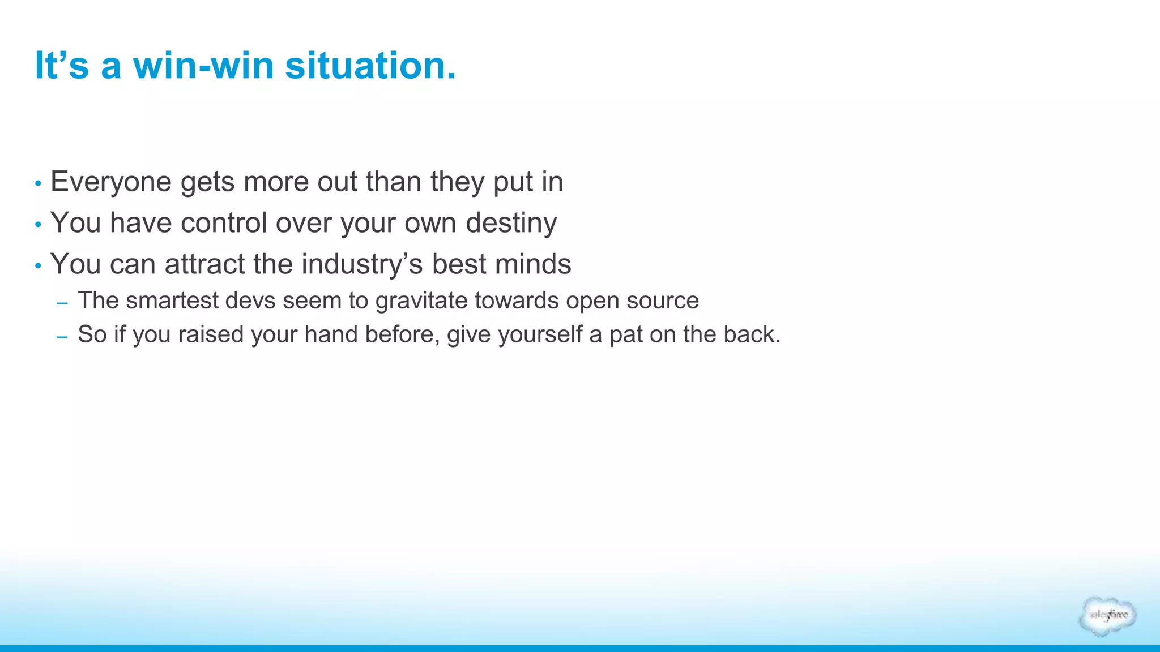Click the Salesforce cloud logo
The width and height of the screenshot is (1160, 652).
pos(1107,616)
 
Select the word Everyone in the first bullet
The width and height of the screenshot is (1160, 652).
pos(111,182)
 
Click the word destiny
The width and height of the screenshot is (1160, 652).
pos(511,223)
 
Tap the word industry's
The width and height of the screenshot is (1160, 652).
pos(362,264)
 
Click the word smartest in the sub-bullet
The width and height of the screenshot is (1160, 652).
pos(172,301)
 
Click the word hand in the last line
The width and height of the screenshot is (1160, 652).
pos(331,334)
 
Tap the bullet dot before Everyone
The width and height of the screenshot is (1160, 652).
pos(38,184)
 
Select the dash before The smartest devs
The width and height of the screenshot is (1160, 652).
pos(62,303)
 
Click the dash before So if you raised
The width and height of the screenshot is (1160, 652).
pos(62,337)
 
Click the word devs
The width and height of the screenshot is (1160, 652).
pos(250,301)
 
